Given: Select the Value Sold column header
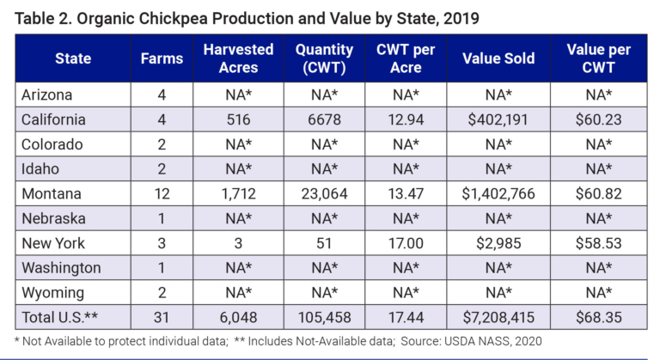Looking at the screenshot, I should click(x=498, y=58).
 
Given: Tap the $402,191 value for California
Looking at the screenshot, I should click(x=498, y=119).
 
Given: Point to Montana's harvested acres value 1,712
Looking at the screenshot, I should click(x=238, y=193).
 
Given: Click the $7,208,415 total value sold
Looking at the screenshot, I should click(x=498, y=317).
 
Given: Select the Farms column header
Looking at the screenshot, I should click(x=162, y=58).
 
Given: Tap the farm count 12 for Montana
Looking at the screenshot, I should click(x=162, y=193).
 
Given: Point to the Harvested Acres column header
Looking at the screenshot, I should click(x=238, y=58).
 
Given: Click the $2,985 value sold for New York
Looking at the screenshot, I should click(x=498, y=243).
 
